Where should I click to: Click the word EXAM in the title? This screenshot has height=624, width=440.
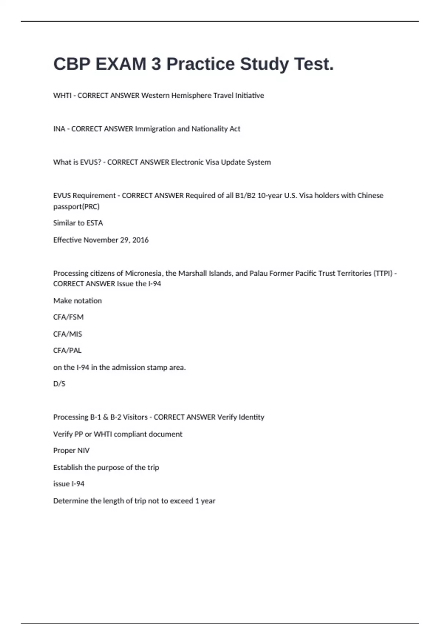[x=121, y=64]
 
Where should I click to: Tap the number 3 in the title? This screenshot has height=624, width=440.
[x=156, y=64]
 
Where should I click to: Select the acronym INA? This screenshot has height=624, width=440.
[x=59, y=129]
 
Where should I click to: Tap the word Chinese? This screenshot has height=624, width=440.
[x=370, y=196]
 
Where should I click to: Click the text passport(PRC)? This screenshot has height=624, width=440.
[x=76, y=207]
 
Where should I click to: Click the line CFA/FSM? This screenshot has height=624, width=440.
[x=68, y=317]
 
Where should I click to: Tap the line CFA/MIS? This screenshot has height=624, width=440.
[x=67, y=334]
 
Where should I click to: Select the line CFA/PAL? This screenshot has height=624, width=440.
[x=67, y=351]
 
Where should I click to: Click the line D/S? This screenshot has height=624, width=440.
[x=59, y=384]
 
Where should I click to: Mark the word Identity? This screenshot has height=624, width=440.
[x=251, y=417]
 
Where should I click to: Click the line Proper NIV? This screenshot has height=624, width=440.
[x=71, y=451]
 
